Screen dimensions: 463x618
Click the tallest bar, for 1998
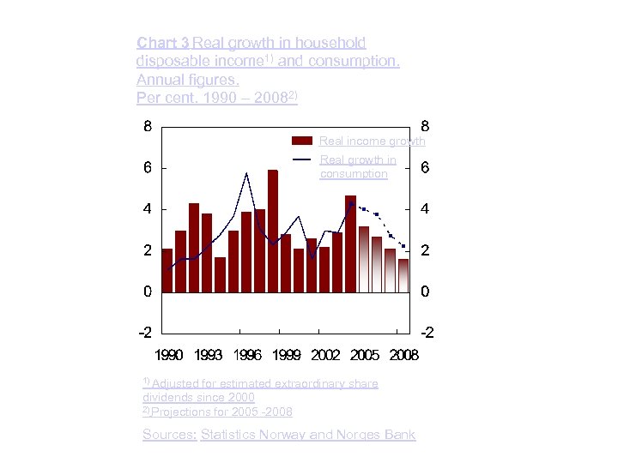272,231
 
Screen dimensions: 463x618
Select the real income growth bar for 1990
167,270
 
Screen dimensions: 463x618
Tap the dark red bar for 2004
350,244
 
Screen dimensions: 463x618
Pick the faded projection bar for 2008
403,275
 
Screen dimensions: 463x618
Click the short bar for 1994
220,274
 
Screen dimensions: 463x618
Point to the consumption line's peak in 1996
246,174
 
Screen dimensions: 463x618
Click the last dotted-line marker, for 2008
403,246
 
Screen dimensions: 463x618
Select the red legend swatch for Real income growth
302,141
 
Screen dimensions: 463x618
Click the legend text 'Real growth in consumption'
358,166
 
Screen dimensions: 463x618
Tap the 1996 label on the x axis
247,354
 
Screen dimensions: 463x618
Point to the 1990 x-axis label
169,354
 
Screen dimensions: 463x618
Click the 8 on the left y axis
148,126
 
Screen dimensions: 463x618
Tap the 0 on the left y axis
148,292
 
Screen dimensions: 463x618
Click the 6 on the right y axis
424,168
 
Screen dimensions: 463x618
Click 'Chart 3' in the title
163,43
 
